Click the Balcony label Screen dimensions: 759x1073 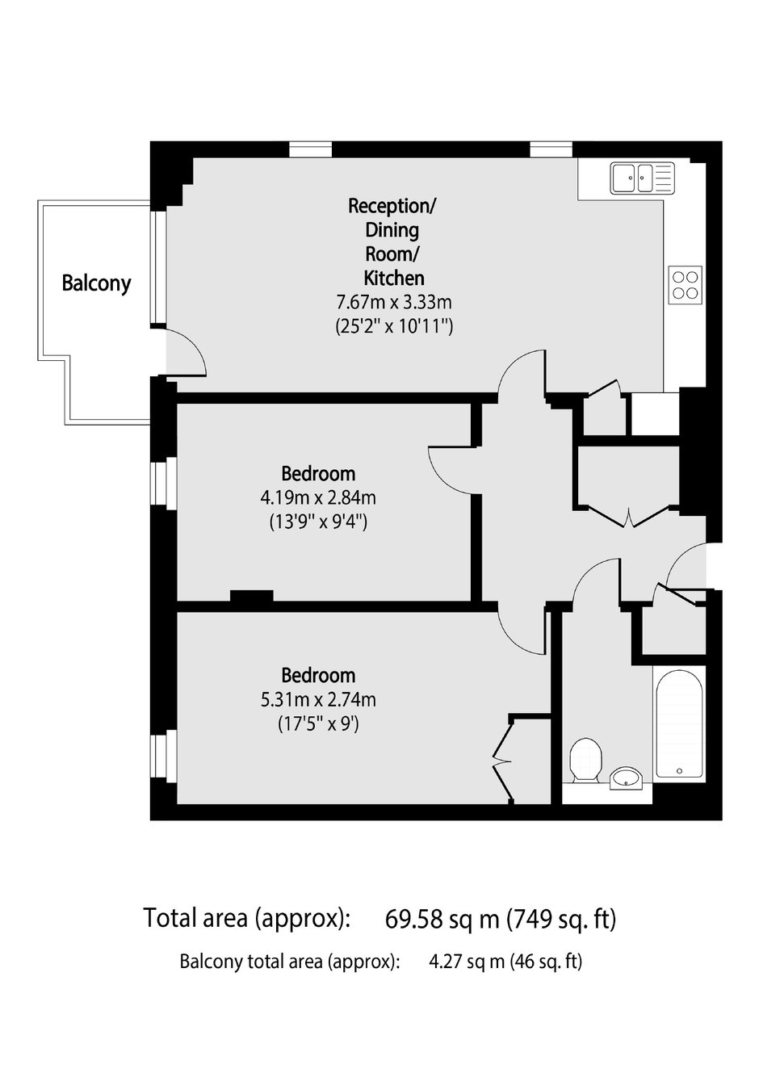[x=96, y=283]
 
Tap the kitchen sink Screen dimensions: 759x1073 [x=642, y=178]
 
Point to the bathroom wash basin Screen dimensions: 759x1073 [x=626, y=778]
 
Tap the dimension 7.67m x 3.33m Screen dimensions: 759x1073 [x=394, y=302]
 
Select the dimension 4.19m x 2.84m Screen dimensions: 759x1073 [x=318, y=497]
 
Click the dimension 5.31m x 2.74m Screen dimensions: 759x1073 [x=318, y=700]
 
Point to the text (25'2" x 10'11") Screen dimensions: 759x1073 [x=394, y=327]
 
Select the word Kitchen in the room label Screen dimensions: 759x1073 [x=394, y=278]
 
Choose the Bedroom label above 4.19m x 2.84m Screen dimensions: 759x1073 [x=318, y=474]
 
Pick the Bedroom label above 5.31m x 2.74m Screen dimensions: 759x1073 [x=318, y=676]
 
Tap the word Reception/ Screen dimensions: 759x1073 [x=392, y=206]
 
